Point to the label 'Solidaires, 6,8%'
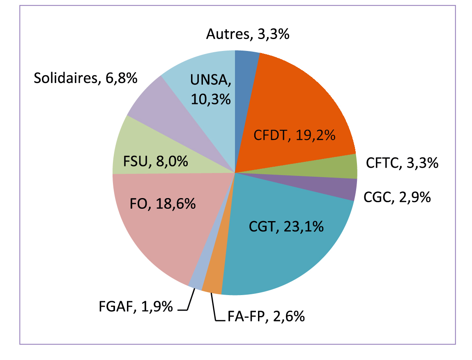[85, 78]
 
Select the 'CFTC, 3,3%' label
[402, 164]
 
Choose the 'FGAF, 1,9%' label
[136, 307]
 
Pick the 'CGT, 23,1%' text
[286, 226]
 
